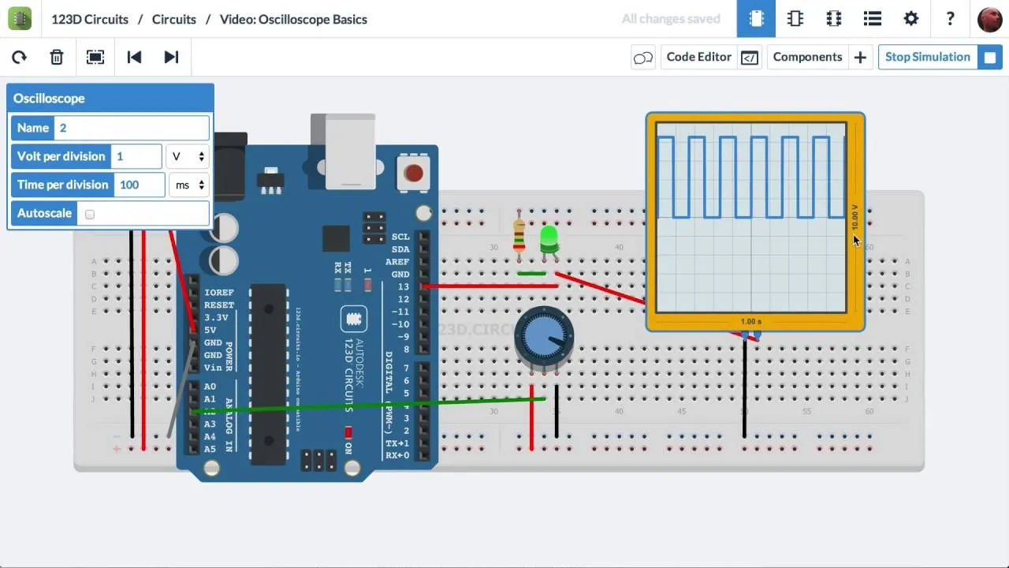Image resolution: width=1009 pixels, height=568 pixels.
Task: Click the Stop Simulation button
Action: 928,57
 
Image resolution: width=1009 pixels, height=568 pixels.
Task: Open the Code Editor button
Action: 698,57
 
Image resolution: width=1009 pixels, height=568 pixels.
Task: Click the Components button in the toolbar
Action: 807,57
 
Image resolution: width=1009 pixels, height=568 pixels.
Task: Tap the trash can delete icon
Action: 57,57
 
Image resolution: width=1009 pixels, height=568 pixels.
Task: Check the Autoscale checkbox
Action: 90,214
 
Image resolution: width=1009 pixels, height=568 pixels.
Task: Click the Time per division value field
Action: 140,185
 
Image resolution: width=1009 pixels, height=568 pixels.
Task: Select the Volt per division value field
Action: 136,156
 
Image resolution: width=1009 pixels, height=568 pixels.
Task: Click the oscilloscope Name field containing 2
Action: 132,128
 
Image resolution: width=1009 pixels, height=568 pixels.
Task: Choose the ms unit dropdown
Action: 189,185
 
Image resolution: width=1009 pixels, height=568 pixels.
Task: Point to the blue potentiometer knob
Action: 544,337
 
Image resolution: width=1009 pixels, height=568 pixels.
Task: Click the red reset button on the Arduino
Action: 413,173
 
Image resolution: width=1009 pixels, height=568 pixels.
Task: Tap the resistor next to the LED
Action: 519,234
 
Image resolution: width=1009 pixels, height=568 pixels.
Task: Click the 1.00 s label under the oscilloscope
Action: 751,322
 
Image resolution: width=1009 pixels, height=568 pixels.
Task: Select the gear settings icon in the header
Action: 911,19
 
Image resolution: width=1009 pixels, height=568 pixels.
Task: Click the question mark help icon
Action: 950,19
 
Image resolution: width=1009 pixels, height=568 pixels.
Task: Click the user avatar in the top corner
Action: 989,19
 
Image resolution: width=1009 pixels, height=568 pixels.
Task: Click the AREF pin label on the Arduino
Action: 397,262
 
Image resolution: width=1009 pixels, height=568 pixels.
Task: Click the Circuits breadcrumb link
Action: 174,19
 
